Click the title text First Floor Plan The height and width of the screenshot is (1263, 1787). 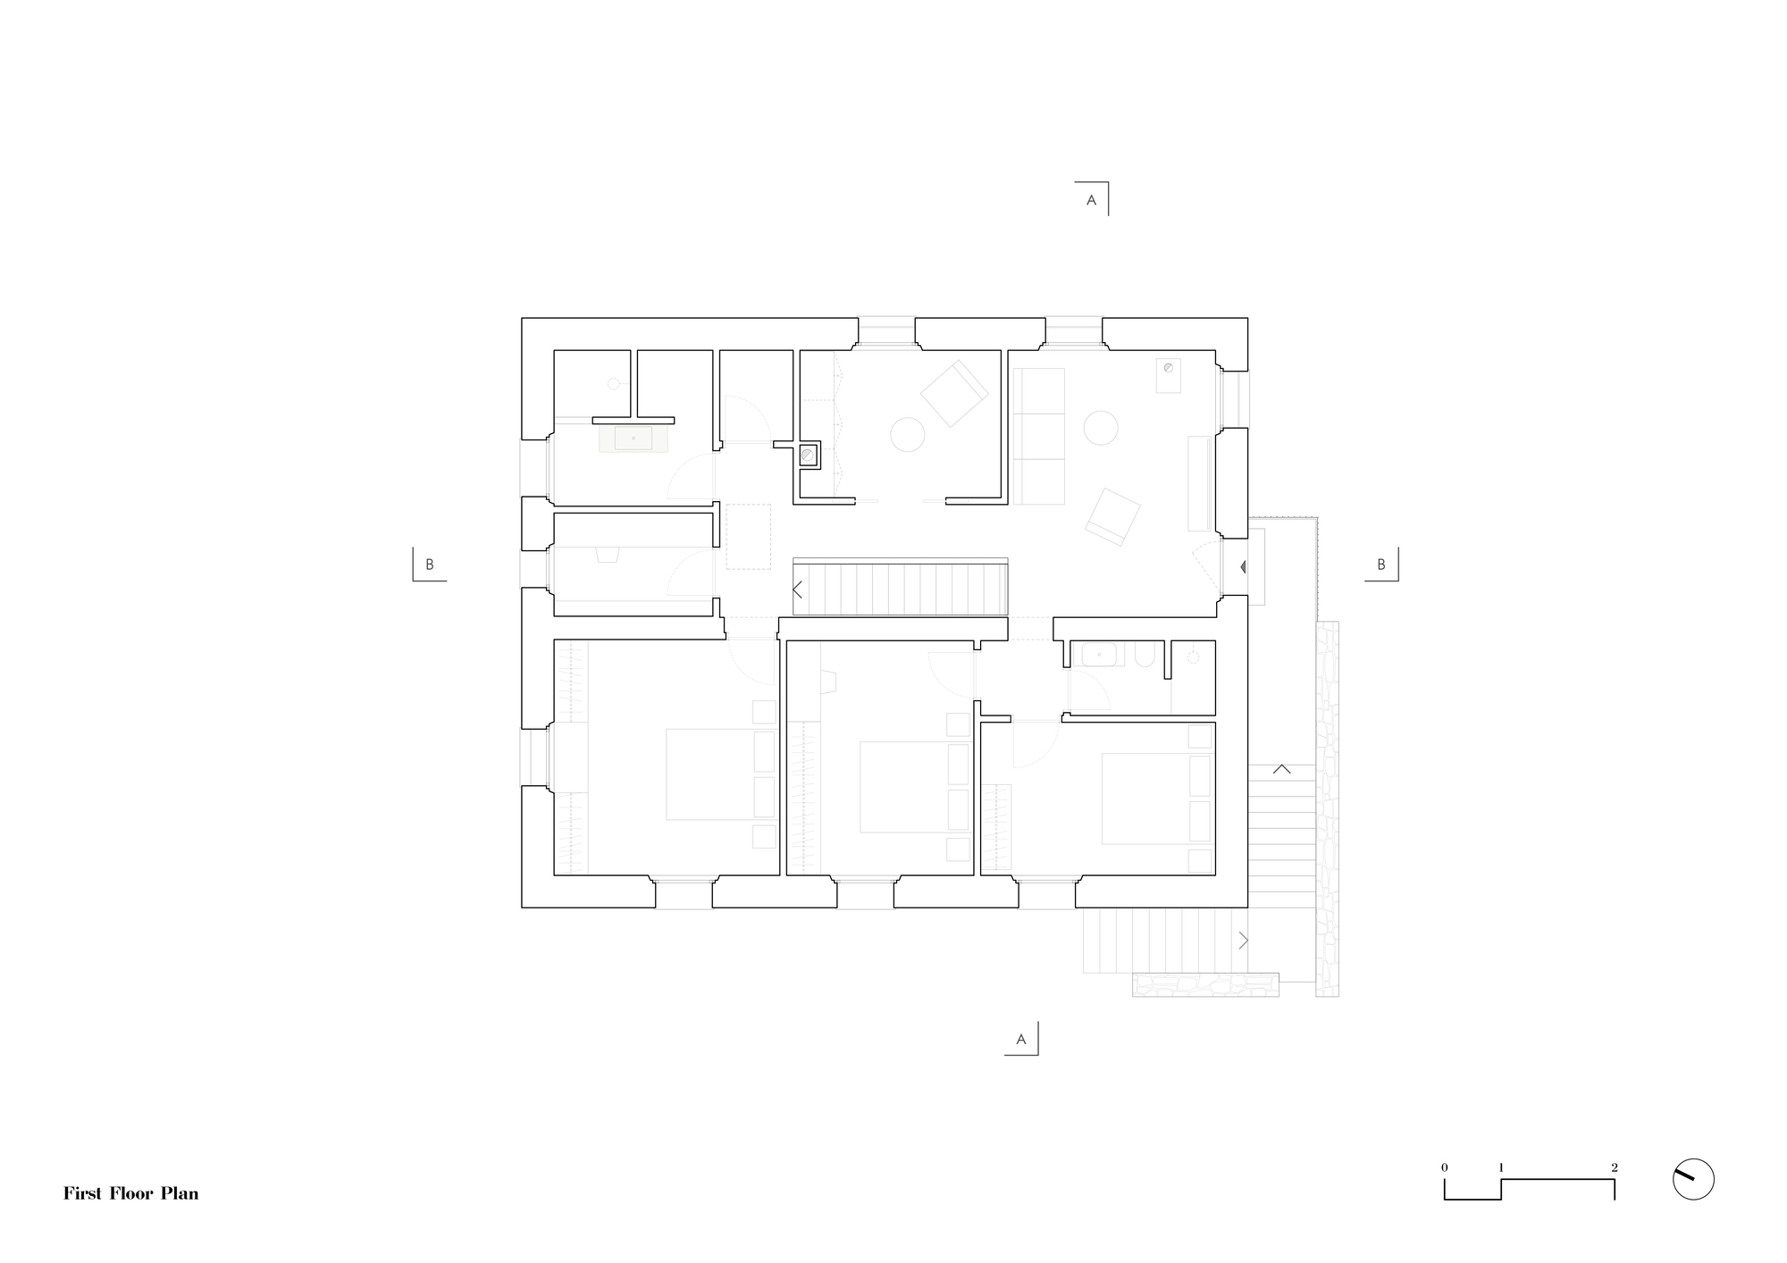(x=130, y=1193)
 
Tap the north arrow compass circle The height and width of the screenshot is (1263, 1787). (x=1692, y=1179)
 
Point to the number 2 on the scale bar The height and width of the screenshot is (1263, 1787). (x=1614, y=1167)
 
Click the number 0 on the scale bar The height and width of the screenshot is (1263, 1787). (x=1444, y=1167)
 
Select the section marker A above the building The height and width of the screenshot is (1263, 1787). (x=1091, y=201)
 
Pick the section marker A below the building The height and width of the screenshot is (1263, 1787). (x=1020, y=1040)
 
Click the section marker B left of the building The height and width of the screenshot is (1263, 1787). (x=429, y=565)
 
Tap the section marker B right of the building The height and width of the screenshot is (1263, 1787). (x=1380, y=565)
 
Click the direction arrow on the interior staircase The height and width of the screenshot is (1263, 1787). (x=798, y=590)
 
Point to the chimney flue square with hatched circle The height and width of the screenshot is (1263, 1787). (x=809, y=456)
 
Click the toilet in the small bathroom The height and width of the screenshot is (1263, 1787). (x=1144, y=658)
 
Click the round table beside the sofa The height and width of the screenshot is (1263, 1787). (x=1101, y=427)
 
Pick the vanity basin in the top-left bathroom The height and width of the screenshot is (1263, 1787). (x=633, y=439)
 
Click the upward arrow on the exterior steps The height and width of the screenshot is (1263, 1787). (x=1281, y=768)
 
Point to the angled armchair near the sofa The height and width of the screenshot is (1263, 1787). (x=1112, y=516)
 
